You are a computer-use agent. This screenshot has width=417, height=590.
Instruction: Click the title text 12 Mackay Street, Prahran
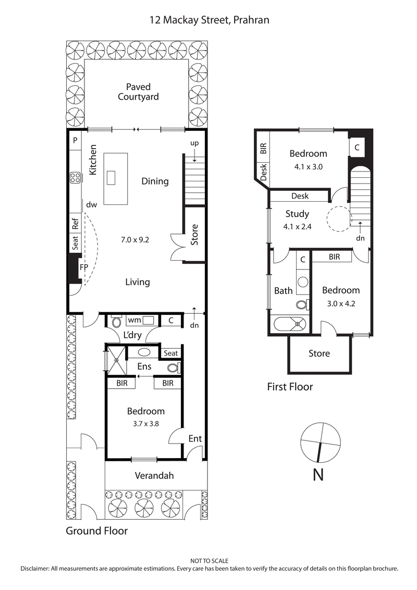tap(208, 20)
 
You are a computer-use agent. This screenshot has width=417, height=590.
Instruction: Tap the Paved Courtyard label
tap(138, 92)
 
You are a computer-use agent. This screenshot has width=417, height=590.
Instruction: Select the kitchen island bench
tap(116, 178)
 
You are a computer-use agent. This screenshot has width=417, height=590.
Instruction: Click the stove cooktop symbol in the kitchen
tap(75, 178)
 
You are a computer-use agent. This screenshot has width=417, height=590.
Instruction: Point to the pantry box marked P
tap(75, 140)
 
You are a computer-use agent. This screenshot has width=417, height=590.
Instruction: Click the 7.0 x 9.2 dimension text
tap(135, 240)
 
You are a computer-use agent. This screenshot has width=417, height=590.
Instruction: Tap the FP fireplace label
tap(83, 267)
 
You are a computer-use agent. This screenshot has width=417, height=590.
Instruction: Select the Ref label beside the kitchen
tap(75, 224)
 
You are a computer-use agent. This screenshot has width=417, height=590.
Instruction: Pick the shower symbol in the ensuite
tap(116, 360)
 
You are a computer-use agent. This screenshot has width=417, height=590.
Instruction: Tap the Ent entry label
tap(195, 438)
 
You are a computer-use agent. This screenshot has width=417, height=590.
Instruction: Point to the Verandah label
tap(154, 475)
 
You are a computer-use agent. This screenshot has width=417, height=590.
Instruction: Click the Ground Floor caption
tap(96, 531)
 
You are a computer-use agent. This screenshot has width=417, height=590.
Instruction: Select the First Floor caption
tap(290, 387)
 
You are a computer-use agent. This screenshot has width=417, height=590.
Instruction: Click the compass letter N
tap(318, 475)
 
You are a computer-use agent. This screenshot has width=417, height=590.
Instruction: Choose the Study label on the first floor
tap(297, 214)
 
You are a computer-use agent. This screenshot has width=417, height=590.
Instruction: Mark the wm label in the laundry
tap(134, 319)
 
